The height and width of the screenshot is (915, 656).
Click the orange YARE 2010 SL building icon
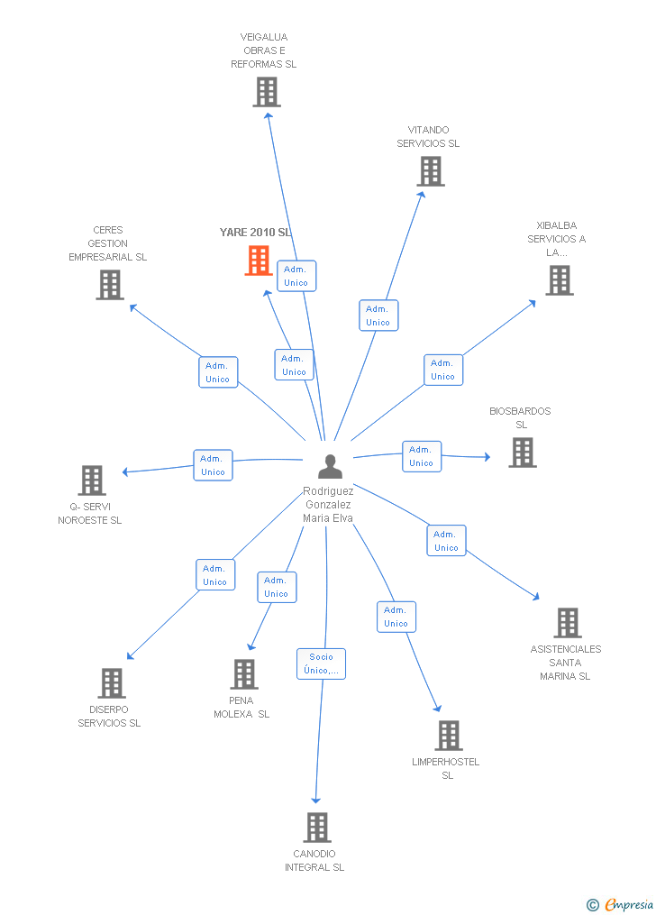coord(259,261)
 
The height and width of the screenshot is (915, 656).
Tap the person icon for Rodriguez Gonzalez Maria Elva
coord(331,466)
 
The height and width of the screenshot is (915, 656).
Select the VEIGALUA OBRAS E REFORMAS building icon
coord(267,92)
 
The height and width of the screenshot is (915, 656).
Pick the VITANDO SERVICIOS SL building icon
coord(431,171)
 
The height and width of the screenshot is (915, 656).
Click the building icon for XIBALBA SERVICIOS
coord(560,280)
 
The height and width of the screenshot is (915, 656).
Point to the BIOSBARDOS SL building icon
coord(523,453)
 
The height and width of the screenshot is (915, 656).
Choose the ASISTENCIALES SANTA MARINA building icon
coord(568,623)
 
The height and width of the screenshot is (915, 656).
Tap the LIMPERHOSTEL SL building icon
coord(449,736)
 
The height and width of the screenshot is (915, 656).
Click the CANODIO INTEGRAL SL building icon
coord(317,828)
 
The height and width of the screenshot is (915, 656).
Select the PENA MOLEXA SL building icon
coord(244,674)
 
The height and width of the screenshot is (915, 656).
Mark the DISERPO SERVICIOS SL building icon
coord(112,683)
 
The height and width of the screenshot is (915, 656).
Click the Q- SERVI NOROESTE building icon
coord(92,480)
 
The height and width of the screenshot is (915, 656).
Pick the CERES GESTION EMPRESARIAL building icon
coord(110,285)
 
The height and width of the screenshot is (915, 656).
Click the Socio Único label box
coord(322,663)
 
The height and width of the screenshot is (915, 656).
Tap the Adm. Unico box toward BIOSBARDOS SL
coord(421,456)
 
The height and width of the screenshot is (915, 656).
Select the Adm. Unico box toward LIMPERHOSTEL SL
coord(396,617)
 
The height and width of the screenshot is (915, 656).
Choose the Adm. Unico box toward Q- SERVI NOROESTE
coord(214,465)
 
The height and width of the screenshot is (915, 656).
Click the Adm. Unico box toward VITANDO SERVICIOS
coord(378,316)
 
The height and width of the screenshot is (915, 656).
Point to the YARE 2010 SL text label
coord(256,233)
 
